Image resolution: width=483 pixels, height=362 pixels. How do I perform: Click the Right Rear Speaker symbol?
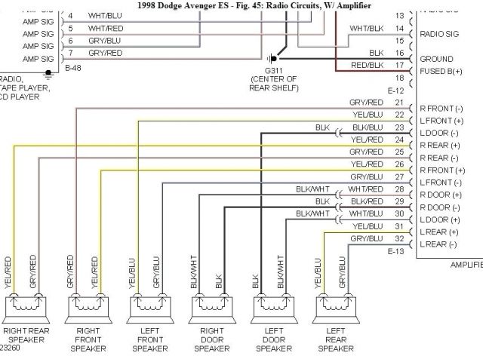[26, 307]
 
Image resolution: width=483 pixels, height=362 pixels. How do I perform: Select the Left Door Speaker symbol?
[268, 307]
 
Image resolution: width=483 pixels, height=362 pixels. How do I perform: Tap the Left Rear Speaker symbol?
[331, 307]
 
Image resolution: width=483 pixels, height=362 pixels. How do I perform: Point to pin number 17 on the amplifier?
[398, 66]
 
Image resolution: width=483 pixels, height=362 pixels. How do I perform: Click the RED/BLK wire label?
[367, 66]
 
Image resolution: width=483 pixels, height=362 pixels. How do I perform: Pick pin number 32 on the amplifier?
[398, 239]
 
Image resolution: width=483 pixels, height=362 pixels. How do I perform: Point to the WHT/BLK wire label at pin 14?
[367, 29]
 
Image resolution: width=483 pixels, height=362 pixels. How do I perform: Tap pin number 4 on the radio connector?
[70, 16]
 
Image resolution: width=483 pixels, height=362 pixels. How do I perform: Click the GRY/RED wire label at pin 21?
[367, 103]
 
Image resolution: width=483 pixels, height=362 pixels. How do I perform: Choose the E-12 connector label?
[395, 90]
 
